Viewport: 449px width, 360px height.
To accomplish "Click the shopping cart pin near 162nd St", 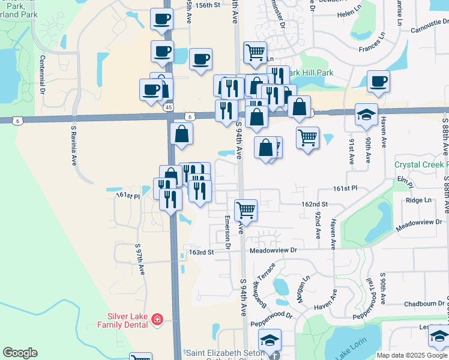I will click(x=246, y=211).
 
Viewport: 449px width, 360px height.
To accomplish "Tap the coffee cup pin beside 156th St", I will click(x=161, y=19).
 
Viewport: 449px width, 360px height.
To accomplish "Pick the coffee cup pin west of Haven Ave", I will click(x=378, y=81).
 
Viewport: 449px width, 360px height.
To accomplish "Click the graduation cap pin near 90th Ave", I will click(x=366, y=114).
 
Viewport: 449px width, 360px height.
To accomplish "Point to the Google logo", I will click(x=20, y=353).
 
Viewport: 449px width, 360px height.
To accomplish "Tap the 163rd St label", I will click(x=202, y=252).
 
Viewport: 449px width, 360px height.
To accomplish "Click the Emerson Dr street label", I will click(x=228, y=232).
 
